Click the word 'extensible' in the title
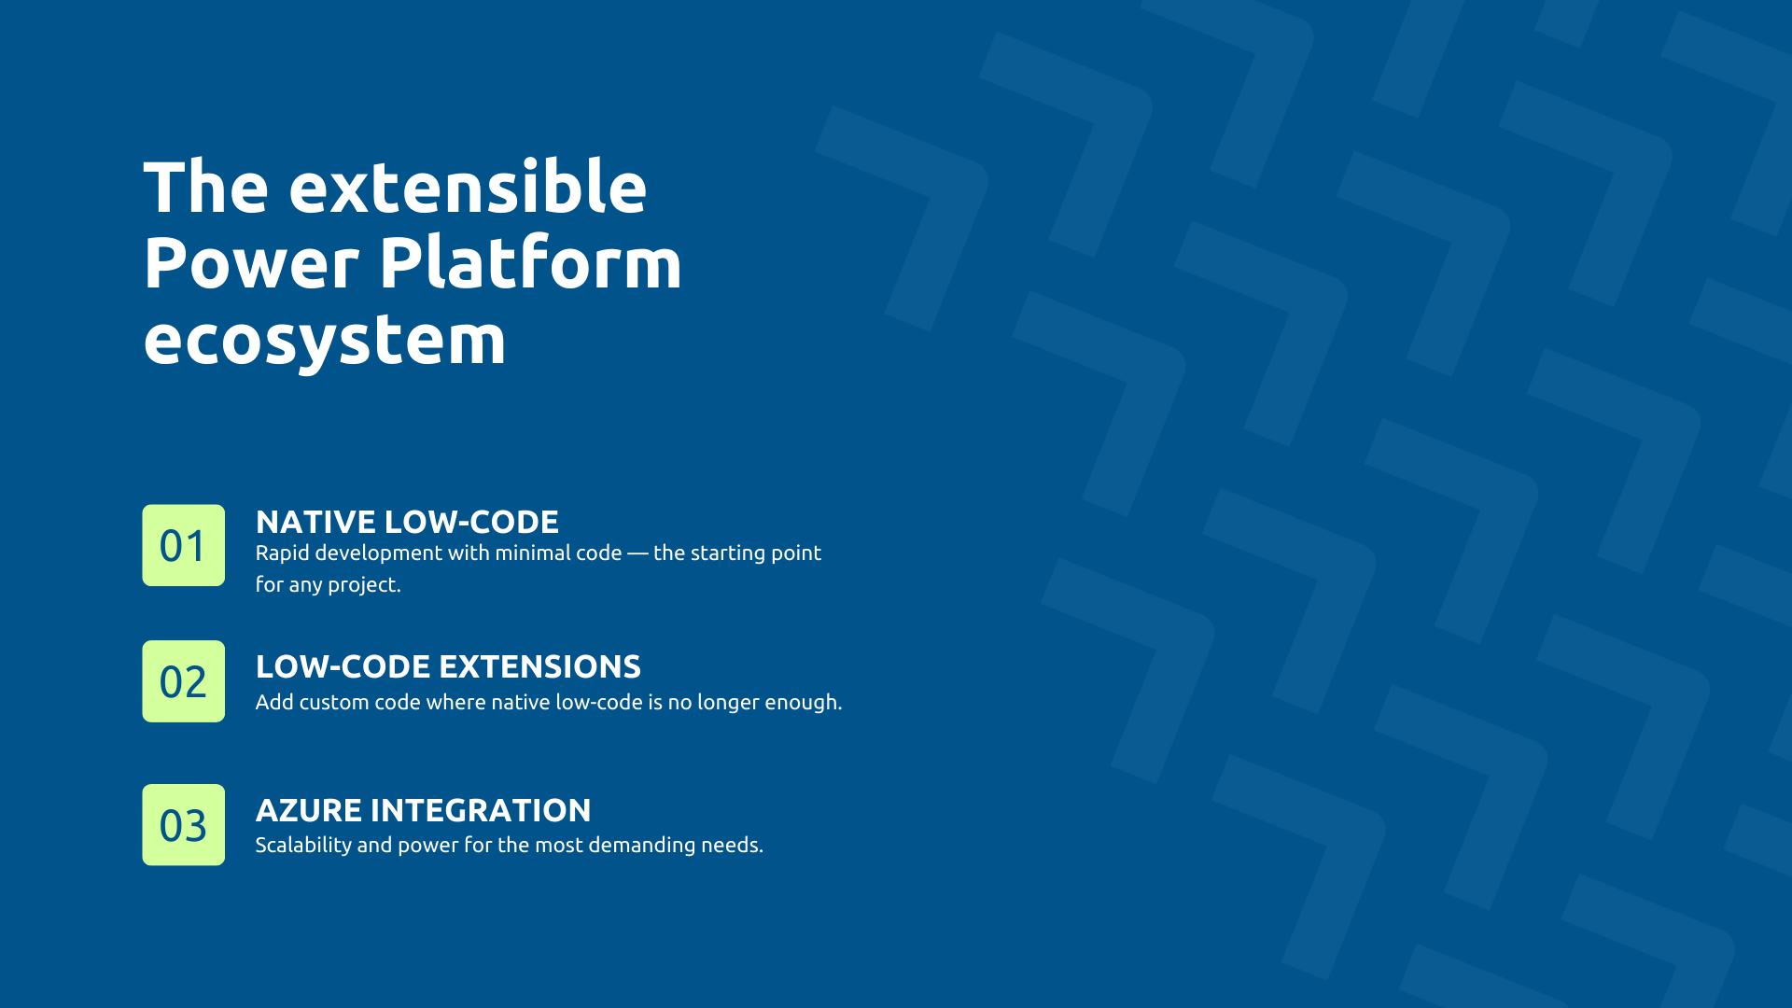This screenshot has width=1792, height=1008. pos(468,188)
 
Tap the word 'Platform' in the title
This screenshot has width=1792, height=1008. pos(530,263)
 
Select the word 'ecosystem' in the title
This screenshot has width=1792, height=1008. pos(324,340)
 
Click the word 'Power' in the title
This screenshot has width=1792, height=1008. pos(250,263)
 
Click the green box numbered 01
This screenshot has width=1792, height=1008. pos(183,545)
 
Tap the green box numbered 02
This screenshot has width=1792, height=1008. pos(183,681)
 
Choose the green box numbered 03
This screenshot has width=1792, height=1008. pos(183,825)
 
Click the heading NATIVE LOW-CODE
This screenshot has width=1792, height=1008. pos(407,522)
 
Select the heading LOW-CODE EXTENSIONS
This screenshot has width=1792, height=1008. pos(448,666)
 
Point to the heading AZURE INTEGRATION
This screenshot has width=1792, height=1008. pos(423,810)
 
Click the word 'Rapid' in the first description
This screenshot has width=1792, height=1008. pos(282,553)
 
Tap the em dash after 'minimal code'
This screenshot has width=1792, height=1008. pos(637,553)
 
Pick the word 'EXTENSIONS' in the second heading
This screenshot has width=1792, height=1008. pos(539,666)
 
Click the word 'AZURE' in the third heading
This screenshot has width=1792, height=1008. pos(309,810)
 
